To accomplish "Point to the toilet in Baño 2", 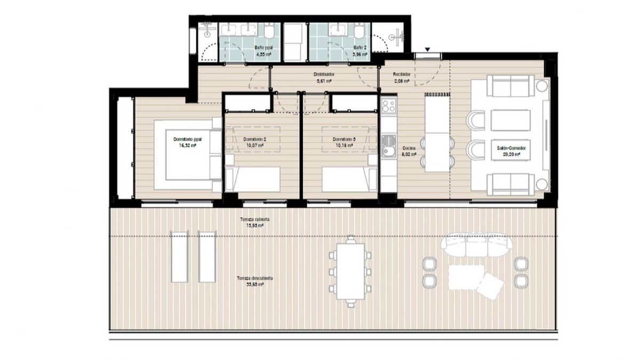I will pos(361,33).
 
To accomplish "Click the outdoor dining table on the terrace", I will pos(350,271).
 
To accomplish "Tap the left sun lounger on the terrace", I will pos(179,257).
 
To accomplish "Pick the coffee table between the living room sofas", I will pos(510,120).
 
